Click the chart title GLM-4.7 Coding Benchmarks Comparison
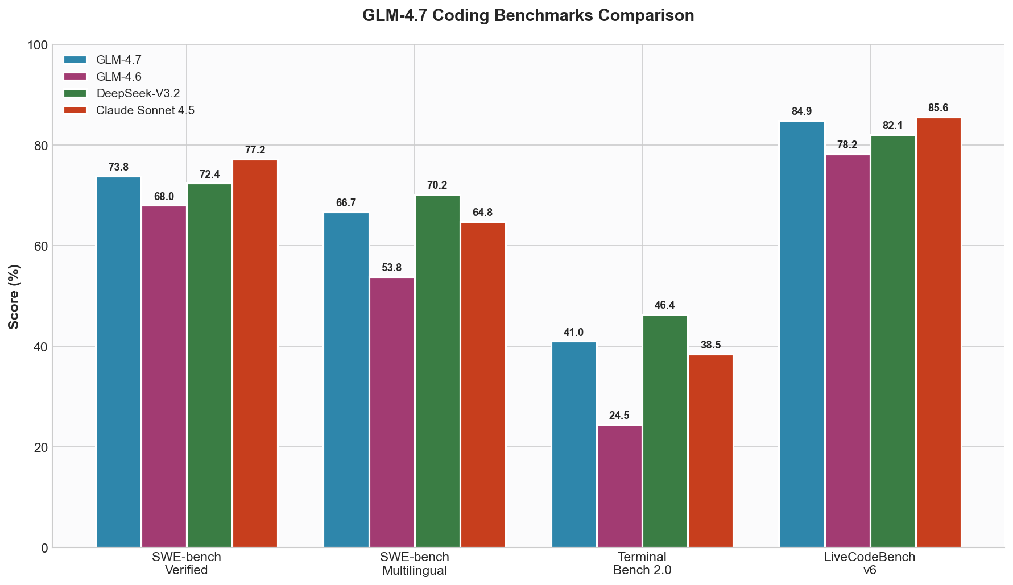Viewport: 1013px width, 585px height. coord(528,15)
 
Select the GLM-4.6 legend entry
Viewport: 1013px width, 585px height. coord(118,77)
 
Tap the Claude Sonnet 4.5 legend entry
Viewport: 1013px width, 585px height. coord(145,110)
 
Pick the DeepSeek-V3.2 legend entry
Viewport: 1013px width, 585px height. coord(138,93)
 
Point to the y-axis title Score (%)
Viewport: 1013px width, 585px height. coord(14,296)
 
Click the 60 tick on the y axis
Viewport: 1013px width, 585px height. coord(40,246)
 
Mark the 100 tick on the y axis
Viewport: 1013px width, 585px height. coord(38,45)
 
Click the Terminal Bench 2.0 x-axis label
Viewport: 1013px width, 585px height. coord(642,563)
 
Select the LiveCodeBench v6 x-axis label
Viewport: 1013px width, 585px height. coord(870,563)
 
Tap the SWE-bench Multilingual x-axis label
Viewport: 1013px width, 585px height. coord(414,563)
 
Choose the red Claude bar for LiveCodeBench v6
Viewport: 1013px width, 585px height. coord(938,333)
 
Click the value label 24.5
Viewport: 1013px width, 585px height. coord(619,416)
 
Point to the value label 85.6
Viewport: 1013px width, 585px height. coord(938,108)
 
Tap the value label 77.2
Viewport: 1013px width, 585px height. coord(255,150)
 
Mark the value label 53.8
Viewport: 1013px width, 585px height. coord(392,268)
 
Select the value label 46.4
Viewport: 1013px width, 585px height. coord(665,305)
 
